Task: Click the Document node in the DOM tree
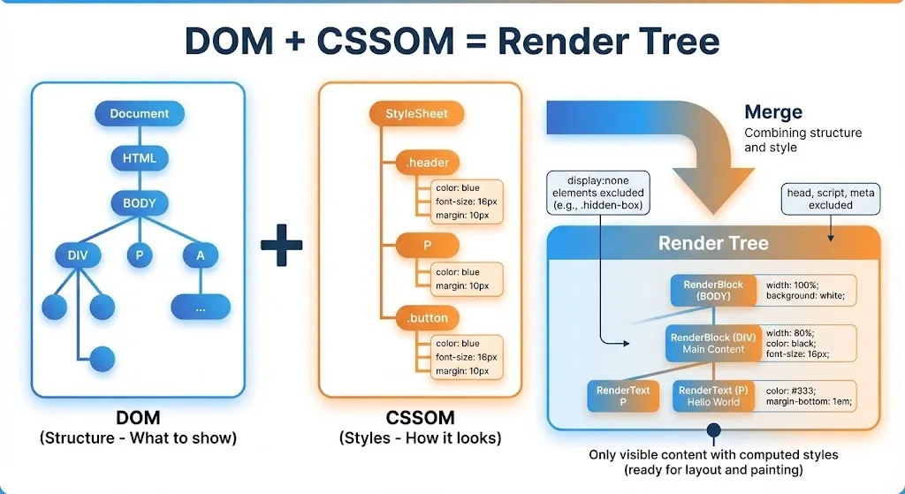click(x=139, y=113)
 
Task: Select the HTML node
click(x=139, y=158)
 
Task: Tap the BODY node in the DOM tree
click(x=139, y=203)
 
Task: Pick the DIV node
click(x=78, y=255)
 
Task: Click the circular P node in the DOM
click(x=139, y=255)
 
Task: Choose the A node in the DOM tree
click(x=201, y=255)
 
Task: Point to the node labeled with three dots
click(x=201, y=307)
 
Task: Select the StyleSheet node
click(x=416, y=113)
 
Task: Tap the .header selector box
click(x=428, y=163)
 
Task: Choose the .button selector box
click(x=428, y=318)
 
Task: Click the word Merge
click(x=773, y=112)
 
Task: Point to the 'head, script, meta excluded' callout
click(x=830, y=198)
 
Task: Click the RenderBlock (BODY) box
click(x=713, y=290)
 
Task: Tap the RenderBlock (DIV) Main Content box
click(x=713, y=343)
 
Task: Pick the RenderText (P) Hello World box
click(x=713, y=396)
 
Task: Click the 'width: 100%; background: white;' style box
click(x=809, y=290)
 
